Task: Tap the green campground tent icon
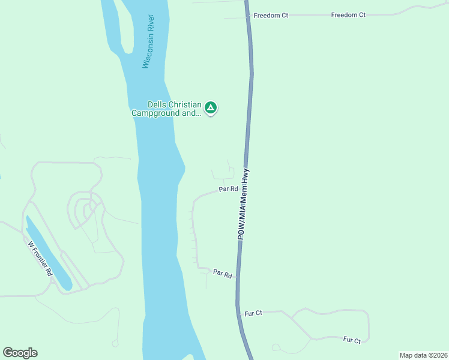point(210,108)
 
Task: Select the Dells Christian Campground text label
point(167,109)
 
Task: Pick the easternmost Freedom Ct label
point(348,14)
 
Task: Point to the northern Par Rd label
point(228,189)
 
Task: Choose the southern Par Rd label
point(222,274)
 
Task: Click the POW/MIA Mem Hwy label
point(244,205)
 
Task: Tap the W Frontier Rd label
point(41,259)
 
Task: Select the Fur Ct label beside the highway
point(253,313)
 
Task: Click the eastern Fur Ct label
point(352,340)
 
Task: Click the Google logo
point(20,353)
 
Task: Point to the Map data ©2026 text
point(423,355)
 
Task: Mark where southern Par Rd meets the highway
point(238,277)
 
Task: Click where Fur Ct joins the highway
point(239,312)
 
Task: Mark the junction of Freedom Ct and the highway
point(248,17)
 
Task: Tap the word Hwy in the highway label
point(246,178)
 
